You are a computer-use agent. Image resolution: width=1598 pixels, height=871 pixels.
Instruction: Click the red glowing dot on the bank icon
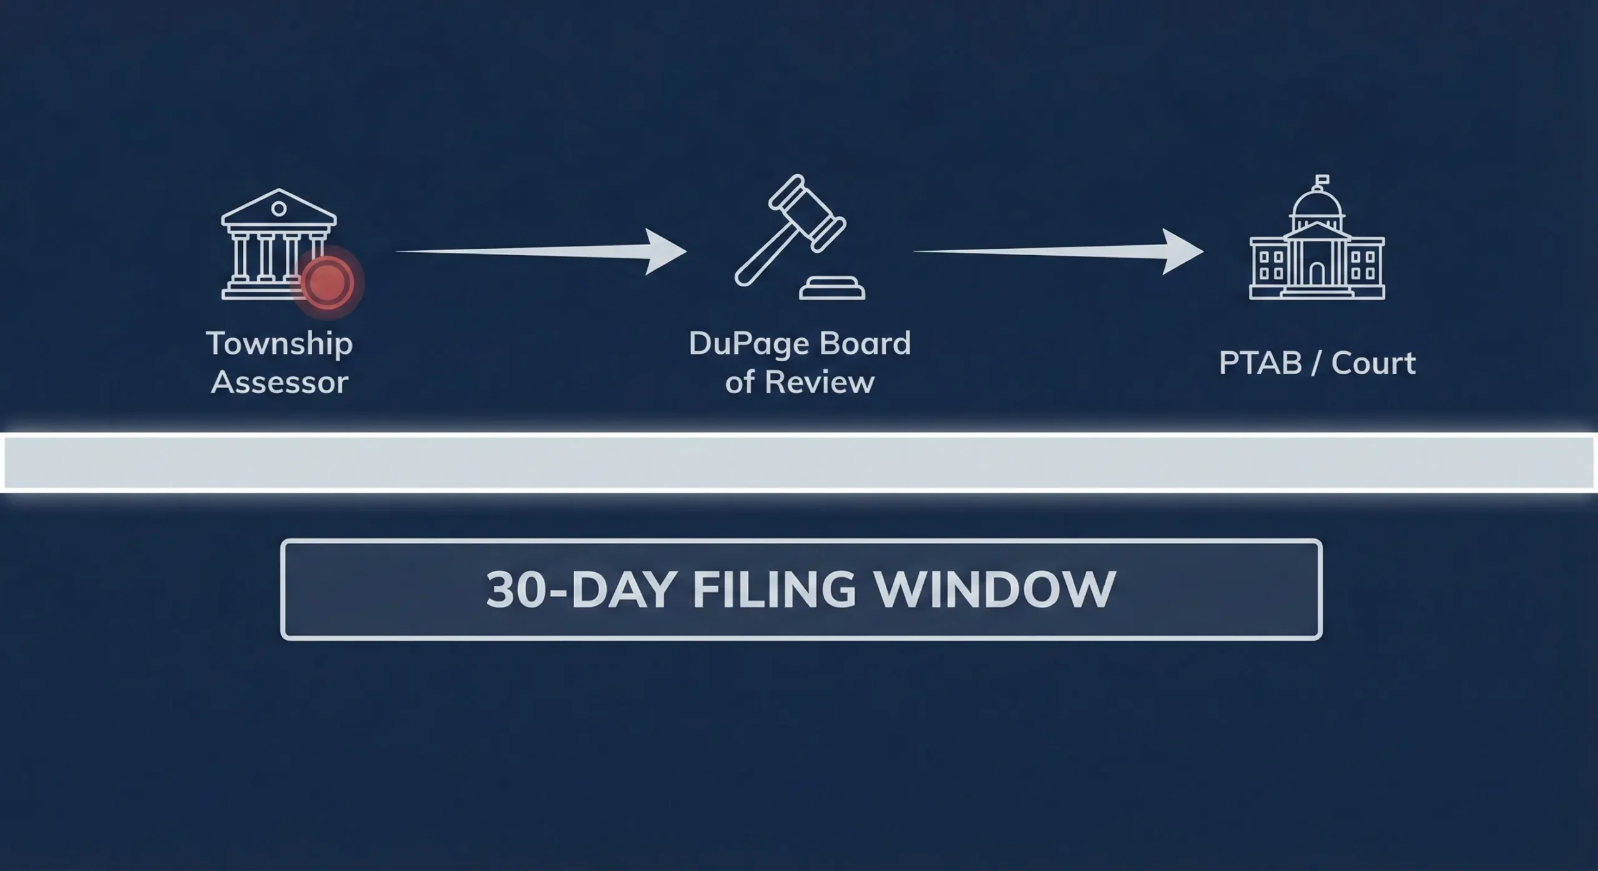tap(328, 282)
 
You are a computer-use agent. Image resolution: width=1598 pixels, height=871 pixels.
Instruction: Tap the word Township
tap(279, 344)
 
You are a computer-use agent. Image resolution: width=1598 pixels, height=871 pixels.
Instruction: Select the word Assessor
tap(279, 382)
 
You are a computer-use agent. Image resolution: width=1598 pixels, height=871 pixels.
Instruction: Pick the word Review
tap(819, 382)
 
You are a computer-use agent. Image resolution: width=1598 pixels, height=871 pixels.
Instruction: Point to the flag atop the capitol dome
tap(1321, 180)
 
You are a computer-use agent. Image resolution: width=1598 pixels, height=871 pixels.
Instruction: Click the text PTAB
tap(1260, 363)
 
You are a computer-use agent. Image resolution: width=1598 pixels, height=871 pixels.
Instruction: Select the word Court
tap(1373, 363)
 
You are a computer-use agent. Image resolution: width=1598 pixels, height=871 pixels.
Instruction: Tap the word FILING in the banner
tap(774, 590)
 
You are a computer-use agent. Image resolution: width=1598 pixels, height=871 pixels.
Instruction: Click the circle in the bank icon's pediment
tap(279, 209)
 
